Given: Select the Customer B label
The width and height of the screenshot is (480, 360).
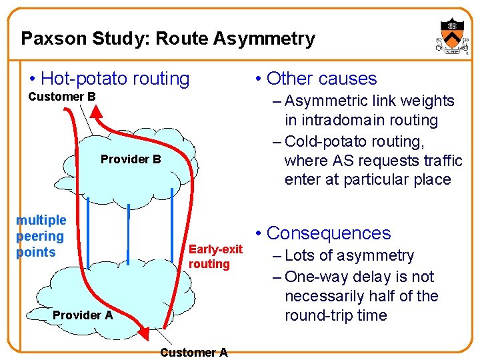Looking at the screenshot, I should click(62, 97).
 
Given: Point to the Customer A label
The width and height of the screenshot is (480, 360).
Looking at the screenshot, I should click(194, 353).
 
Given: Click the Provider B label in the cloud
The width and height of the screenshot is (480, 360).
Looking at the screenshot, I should click(131, 159).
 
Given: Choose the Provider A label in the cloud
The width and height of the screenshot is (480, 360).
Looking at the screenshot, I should click(83, 315).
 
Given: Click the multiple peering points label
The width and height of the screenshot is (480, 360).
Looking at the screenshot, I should click(41, 236).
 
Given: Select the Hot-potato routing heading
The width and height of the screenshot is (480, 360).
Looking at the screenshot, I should click(115, 79).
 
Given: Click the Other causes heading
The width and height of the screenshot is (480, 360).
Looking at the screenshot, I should click(321, 79).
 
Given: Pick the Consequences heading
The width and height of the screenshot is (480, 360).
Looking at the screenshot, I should click(328, 233).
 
